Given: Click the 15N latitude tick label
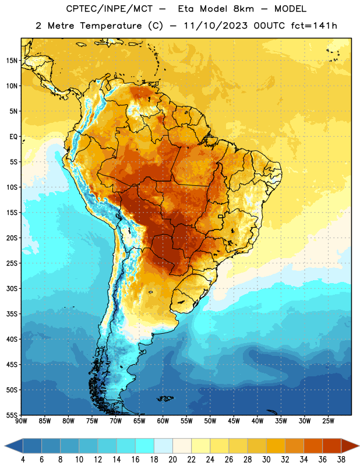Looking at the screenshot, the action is click(x=12, y=61).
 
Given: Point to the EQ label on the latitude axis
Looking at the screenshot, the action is click(x=13, y=137).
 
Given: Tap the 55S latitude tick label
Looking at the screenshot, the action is click(x=12, y=415).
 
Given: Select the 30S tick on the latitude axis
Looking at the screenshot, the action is click(x=12, y=288).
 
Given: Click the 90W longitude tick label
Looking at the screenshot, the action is click(x=21, y=421).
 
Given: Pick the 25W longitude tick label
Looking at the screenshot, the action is click(x=328, y=421).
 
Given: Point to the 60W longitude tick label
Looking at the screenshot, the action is click(x=163, y=421).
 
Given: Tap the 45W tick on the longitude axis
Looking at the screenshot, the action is click(x=234, y=421).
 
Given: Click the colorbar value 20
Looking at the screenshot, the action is click(x=172, y=460).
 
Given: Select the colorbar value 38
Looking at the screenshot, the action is click(x=341, y=460).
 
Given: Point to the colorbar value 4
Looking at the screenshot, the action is click(x=23, y=460).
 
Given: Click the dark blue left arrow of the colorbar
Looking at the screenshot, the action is click(x=13, y=446).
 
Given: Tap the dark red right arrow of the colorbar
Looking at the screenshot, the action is click(x=351, y=446).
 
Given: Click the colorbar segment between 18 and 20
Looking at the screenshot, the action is click(x=163, y=446).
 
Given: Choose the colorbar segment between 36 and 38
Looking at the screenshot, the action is click(x=332, y=446).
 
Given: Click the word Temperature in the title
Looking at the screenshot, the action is click(x=111, y=26).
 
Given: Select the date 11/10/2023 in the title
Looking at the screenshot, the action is click(x=216, y=26).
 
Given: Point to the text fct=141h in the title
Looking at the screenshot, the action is click(x=314, y=26).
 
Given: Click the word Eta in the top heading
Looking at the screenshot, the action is click(x=186, y=9).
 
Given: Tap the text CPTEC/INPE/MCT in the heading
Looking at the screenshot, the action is click(x=110, y=9).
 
